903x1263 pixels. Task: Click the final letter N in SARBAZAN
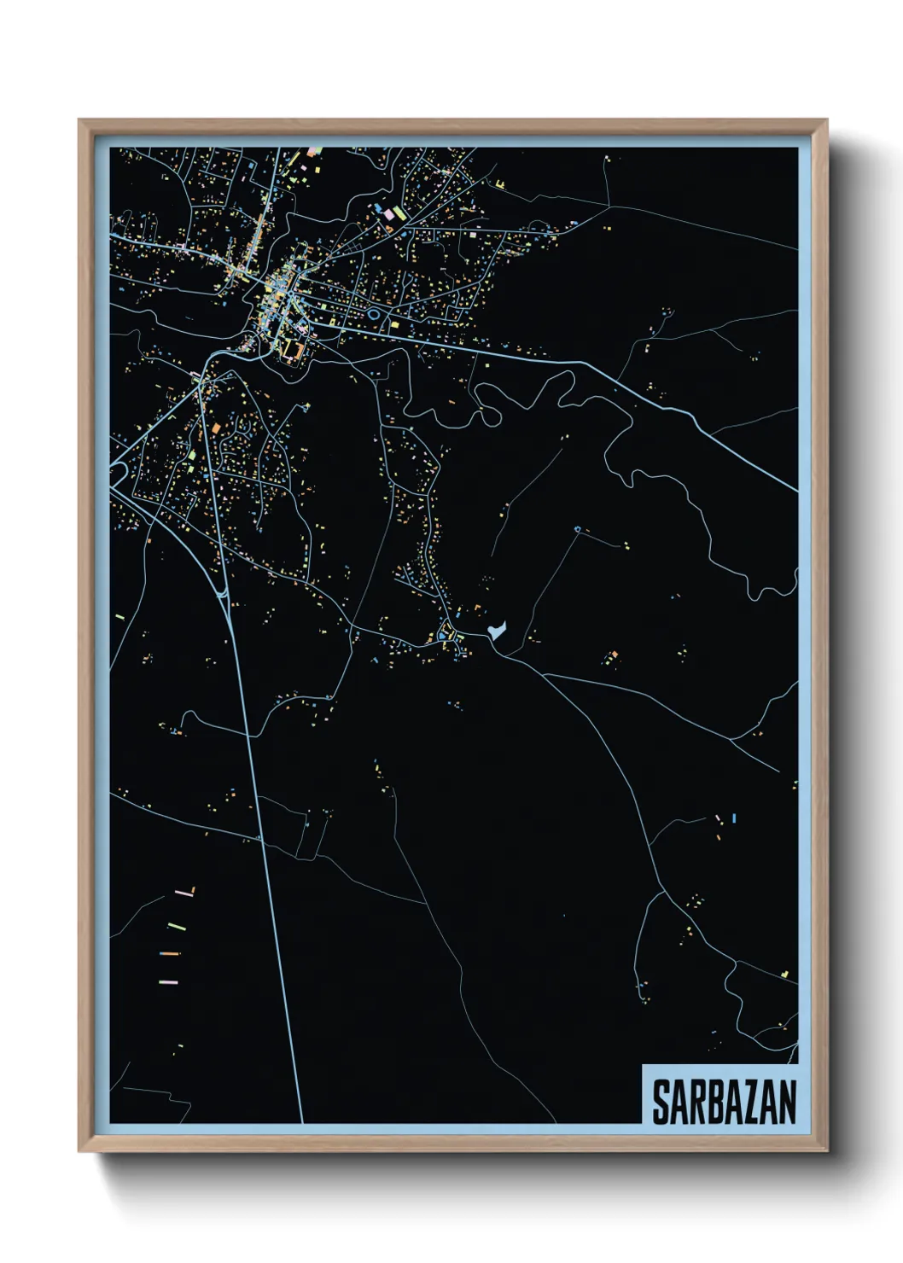coord(786,1102)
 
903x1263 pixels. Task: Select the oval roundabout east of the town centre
coord(373,315)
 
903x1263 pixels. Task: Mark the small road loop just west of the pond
coord(443,633)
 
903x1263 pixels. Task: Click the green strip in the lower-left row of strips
coord(177,925)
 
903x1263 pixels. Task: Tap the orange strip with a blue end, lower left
coord(170,952)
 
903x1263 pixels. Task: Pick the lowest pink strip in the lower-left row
coord(168,981)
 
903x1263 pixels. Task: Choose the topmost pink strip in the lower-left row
coord(184,893)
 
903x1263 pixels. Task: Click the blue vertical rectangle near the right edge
coord(734,818)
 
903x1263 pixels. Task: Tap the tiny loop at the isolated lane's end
coord(577,530)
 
